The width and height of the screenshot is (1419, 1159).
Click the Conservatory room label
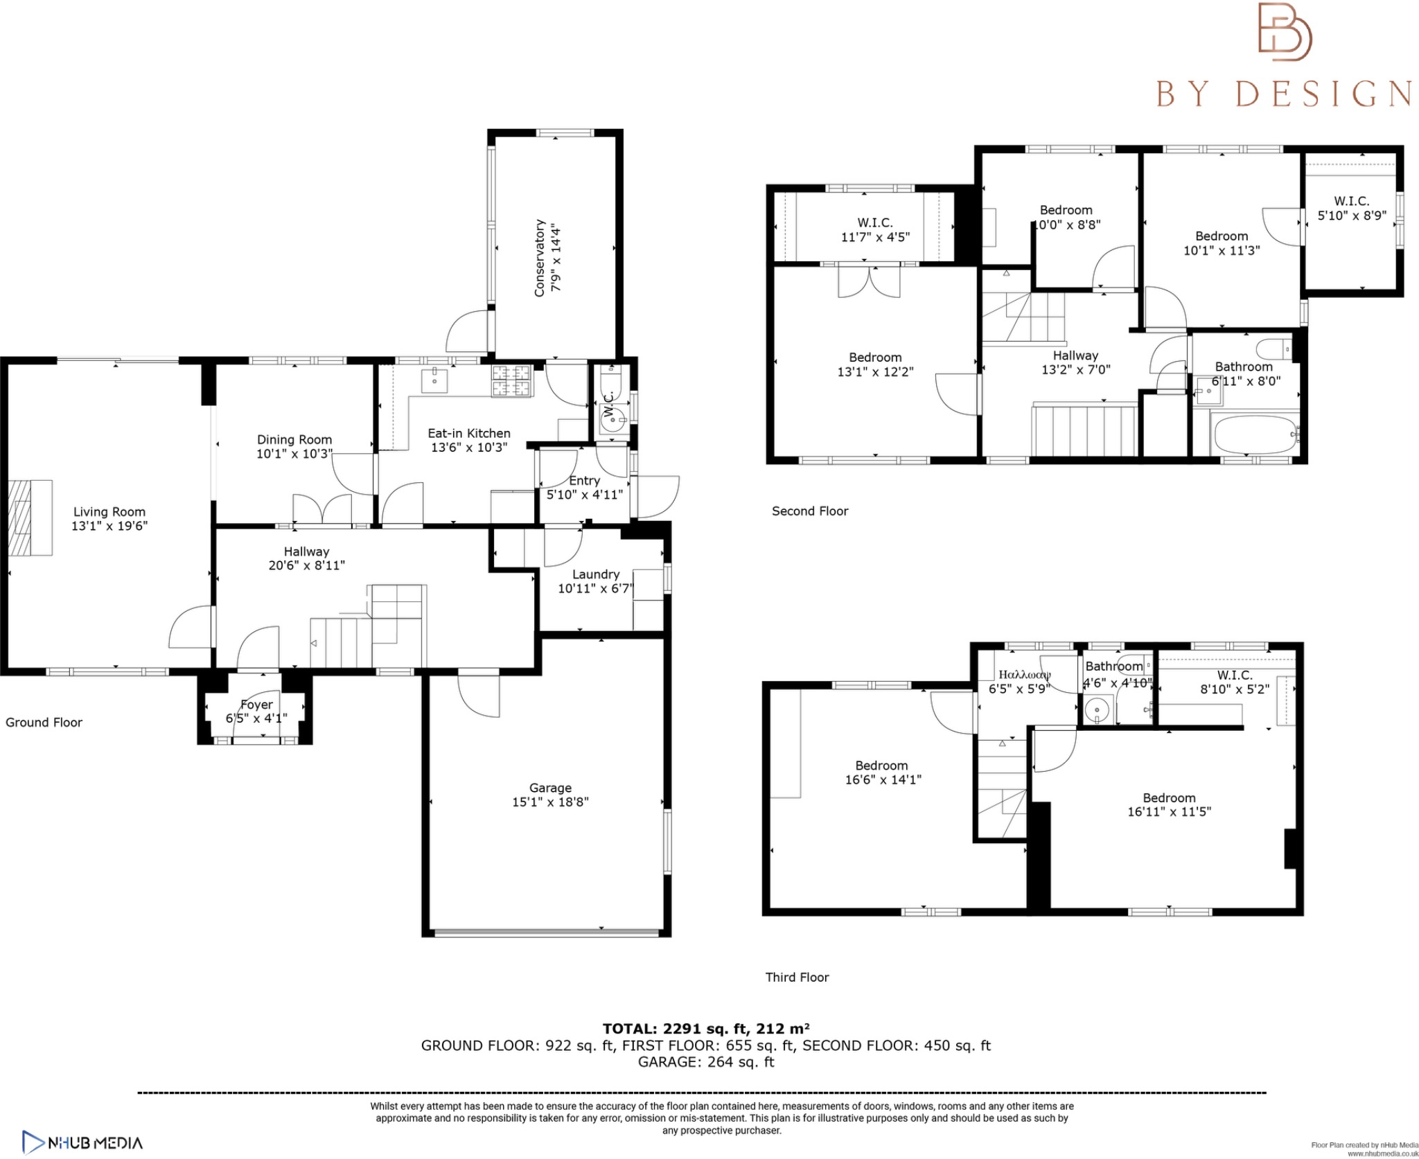tap(540, 258)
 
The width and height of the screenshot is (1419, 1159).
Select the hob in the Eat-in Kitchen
tap(511, 381)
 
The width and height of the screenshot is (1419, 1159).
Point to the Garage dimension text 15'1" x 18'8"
tap(550, 802)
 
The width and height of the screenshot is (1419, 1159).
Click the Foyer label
tap(256, 705)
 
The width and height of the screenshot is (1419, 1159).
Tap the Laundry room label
tap(595, 574)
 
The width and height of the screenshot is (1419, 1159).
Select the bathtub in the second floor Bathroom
tap(1255, 434)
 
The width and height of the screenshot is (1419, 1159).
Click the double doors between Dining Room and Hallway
tap(322, 511)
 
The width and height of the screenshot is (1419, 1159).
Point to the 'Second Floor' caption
tap(810, 511)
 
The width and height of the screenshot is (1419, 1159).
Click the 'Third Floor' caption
tap(797, 977)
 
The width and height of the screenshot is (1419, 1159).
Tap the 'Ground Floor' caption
tap(44, 723)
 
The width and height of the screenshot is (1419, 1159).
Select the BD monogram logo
tap(1285, 33)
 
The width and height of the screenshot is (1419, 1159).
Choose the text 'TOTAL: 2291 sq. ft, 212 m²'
tap(705, 1029)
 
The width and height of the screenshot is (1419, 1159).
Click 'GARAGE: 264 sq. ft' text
tap(705, 1062)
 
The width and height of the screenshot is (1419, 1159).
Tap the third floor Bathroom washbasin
tap(1097, 710)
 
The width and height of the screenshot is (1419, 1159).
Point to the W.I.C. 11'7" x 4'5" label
tap(874, 229)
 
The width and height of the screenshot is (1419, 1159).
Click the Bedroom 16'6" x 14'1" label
tap(882, 772)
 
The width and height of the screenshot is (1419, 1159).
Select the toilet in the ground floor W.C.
tap(611, 381)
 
